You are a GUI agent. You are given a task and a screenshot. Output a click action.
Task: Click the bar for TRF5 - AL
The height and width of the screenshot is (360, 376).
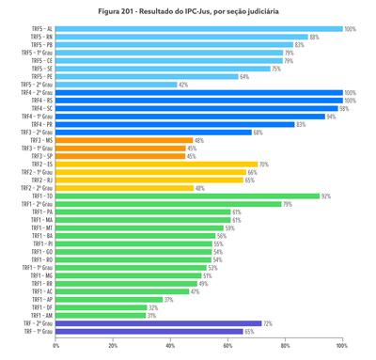[x=197, y=29]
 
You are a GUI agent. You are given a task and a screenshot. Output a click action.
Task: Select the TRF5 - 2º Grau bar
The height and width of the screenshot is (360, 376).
[x=116, y=85]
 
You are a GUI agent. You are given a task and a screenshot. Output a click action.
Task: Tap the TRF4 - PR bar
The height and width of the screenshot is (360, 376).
[x=174, y=124]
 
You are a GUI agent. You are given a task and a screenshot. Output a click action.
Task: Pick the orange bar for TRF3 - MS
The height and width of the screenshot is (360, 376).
[x=124, y=140]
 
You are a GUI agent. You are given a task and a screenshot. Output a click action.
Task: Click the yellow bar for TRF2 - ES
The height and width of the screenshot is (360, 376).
[x=156, y=164]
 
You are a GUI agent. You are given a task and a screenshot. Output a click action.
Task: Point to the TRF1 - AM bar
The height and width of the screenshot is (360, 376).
[x=100, y=315]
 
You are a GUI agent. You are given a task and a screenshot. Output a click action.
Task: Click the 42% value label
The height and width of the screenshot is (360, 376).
[x=183, y=85]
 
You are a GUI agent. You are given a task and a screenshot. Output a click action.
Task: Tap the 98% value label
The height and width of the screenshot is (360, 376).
[x=344, y=108]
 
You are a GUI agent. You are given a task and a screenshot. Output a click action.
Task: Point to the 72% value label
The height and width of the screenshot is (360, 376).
[x=268, y=323]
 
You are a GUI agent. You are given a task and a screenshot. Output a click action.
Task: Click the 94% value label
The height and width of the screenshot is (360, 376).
[x=331, y=117]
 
